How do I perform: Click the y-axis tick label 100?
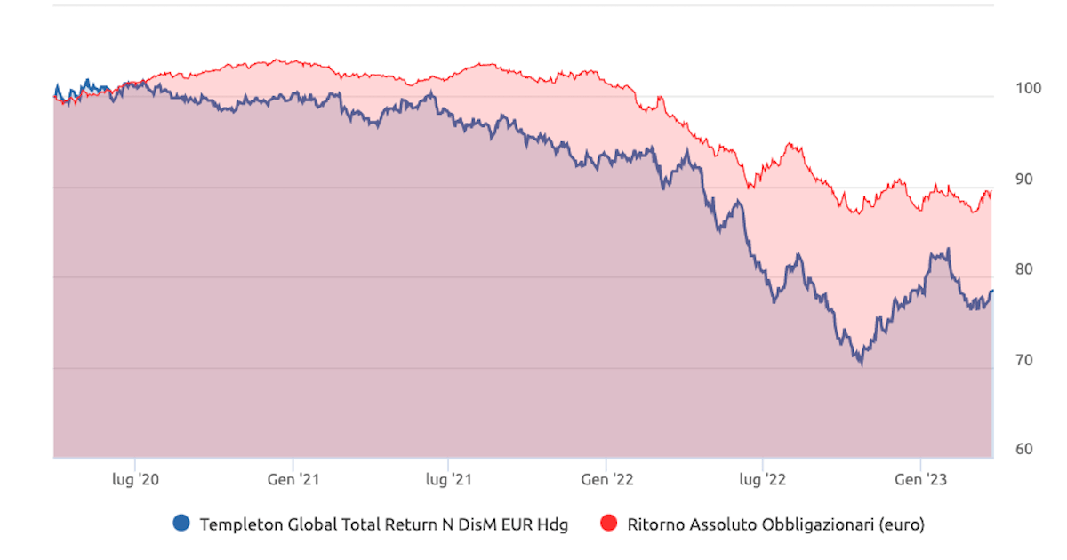1024,88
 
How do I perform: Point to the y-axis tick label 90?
1024,179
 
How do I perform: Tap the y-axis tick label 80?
1024,269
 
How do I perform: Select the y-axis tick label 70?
1024,360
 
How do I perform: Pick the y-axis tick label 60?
1024,449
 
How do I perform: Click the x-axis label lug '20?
135,480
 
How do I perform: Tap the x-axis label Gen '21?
293,480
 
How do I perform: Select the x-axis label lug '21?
448,480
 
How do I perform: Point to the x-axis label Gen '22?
606,480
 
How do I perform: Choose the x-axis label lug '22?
762,480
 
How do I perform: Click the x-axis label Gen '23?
920,480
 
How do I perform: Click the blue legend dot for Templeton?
181,524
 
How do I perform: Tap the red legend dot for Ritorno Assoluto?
609,524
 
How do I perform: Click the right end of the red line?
991,192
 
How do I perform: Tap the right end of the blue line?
992,291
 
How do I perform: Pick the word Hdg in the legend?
550,524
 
